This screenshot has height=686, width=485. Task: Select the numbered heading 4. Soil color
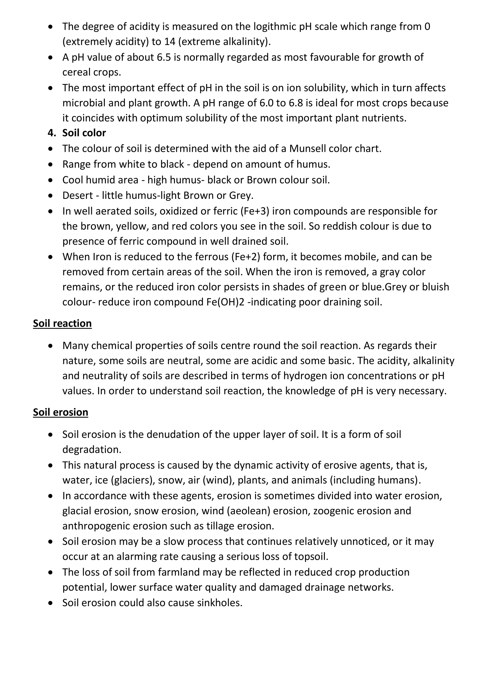pyautogui.click(x=77, y=133)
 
